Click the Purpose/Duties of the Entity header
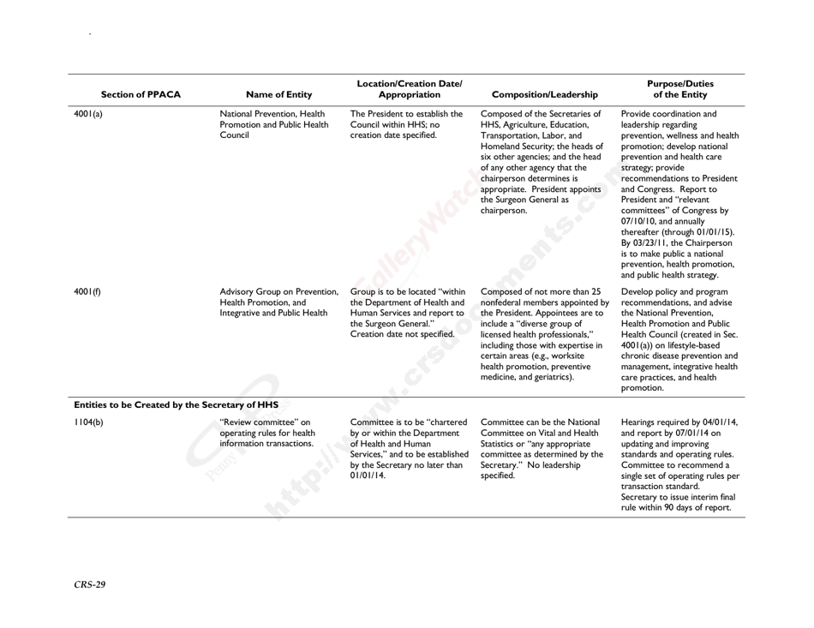coord(678,88)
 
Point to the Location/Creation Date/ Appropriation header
coord(407,88)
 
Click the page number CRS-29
coord(90,585)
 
